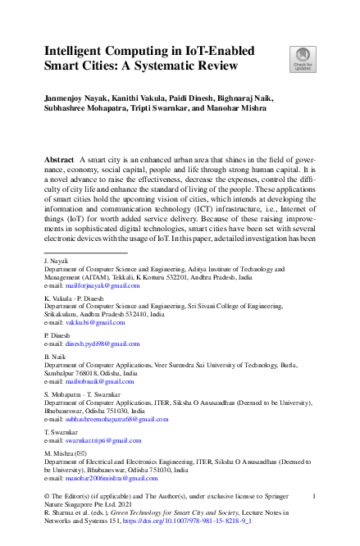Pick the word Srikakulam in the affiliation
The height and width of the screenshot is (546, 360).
pos(63,315)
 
